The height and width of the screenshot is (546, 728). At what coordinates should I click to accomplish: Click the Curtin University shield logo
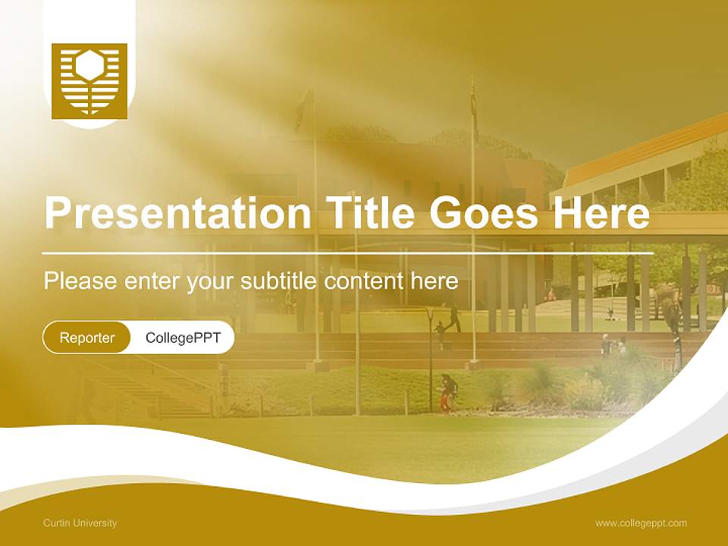pyautogui.click(x=89, y=81)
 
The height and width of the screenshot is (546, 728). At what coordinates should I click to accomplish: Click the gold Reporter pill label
pyautogui.click(x=87, y=337)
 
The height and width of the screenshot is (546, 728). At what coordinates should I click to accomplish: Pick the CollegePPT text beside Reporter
pyautogui.click(x=183, y=337)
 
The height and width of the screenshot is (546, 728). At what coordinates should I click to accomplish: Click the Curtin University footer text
pyautogui.click(x=80, y=523)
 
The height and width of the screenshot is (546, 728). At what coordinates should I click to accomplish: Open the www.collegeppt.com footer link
pyautogui.click(x=641, y=523)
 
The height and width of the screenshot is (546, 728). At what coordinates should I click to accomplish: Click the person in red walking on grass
pyautogui.click(x=447, y=393)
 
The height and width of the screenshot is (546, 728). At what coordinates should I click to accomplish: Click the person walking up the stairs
pyautogui.click(x=453, y=317)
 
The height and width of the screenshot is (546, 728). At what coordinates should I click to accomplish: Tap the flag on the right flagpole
pyautogui.click(x=474, y=102)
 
